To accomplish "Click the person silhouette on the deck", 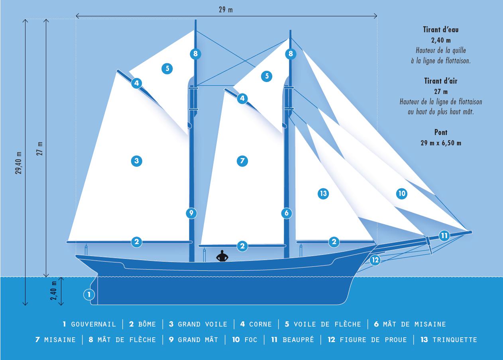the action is tap(222, 256).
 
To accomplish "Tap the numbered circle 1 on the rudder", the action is tap(89, 294).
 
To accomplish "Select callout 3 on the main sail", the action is tap(137, 161).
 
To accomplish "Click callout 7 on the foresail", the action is tap(242, 161).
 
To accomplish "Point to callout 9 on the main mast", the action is tap(191, 213).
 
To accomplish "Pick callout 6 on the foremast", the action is tap(287, 213).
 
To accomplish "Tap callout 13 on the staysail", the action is tap(323, 194).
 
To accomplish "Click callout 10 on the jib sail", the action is tap(402, 194).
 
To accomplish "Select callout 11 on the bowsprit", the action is tap(444, 236).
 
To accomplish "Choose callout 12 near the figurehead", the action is tap(375, 260).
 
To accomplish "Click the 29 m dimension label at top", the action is tap(226, 10).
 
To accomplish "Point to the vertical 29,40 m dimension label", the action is tap(19, 163).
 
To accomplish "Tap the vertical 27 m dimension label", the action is tap(40, 149).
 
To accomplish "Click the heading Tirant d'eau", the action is tap(440, 29).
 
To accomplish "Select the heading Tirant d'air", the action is tap(440, 81).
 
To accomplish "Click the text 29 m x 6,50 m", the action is tap(441, 143).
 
